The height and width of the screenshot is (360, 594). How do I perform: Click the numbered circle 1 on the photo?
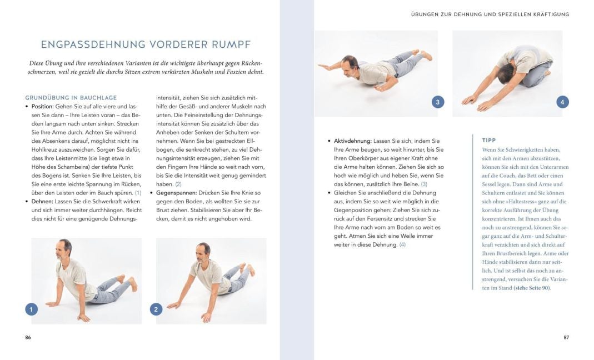pyautogui.click(x=32, y=309)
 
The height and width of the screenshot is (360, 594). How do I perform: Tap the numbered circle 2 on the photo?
pyautogui.click(x=156, y=309)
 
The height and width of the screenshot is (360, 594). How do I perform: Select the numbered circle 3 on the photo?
pyautogui.click(x=438, y=102)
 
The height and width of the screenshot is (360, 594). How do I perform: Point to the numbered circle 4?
pyautogui.click(x=562, y=102)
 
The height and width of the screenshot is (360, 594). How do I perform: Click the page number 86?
pyautogui.click(x=28, y=337)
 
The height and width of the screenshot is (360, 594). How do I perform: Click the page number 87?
pyautogui.click(x=566, y=337)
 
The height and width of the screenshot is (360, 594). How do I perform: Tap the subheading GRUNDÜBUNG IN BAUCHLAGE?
pyautogui.click(x=71, y=98)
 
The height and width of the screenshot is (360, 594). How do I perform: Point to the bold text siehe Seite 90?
pyautogui.click(x=528, y=288)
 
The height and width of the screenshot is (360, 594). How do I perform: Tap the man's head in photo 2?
pyautogui.click(x=203, y=252)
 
